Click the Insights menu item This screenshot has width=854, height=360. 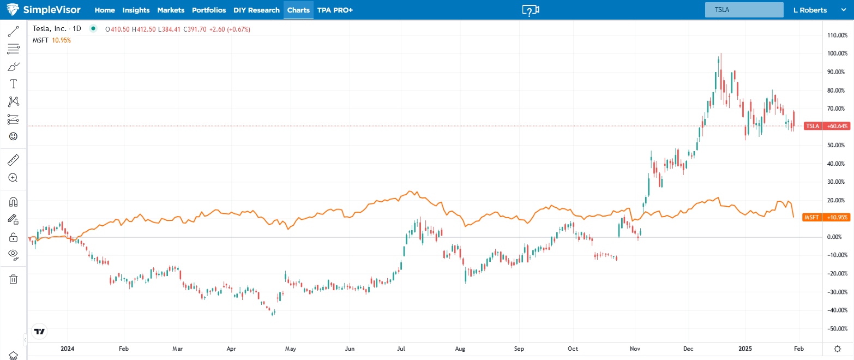point(136,10)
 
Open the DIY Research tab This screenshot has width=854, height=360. point(256,10)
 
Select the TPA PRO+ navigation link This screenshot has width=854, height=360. point(335,10)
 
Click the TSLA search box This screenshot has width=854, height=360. point(744,10)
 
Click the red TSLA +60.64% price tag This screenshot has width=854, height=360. point(827,126)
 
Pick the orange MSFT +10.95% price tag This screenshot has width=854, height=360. point(827,218)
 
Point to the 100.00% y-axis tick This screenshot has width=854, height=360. point(837,53)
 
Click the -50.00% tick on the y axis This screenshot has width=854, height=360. point(837,328)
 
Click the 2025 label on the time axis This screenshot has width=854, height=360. point(745,348)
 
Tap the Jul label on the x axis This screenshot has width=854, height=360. point(401,348)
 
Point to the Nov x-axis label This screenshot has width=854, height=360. point(635,348)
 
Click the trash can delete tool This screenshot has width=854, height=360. point(13,279)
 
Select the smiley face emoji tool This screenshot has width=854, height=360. point(13,136)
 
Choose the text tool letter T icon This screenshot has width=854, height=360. point(13,83)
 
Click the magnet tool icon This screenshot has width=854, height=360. point(13,202)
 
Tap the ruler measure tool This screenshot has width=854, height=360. point(13,160)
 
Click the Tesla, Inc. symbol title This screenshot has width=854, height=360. point(50,29)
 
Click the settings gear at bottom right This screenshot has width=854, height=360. point(837,348)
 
